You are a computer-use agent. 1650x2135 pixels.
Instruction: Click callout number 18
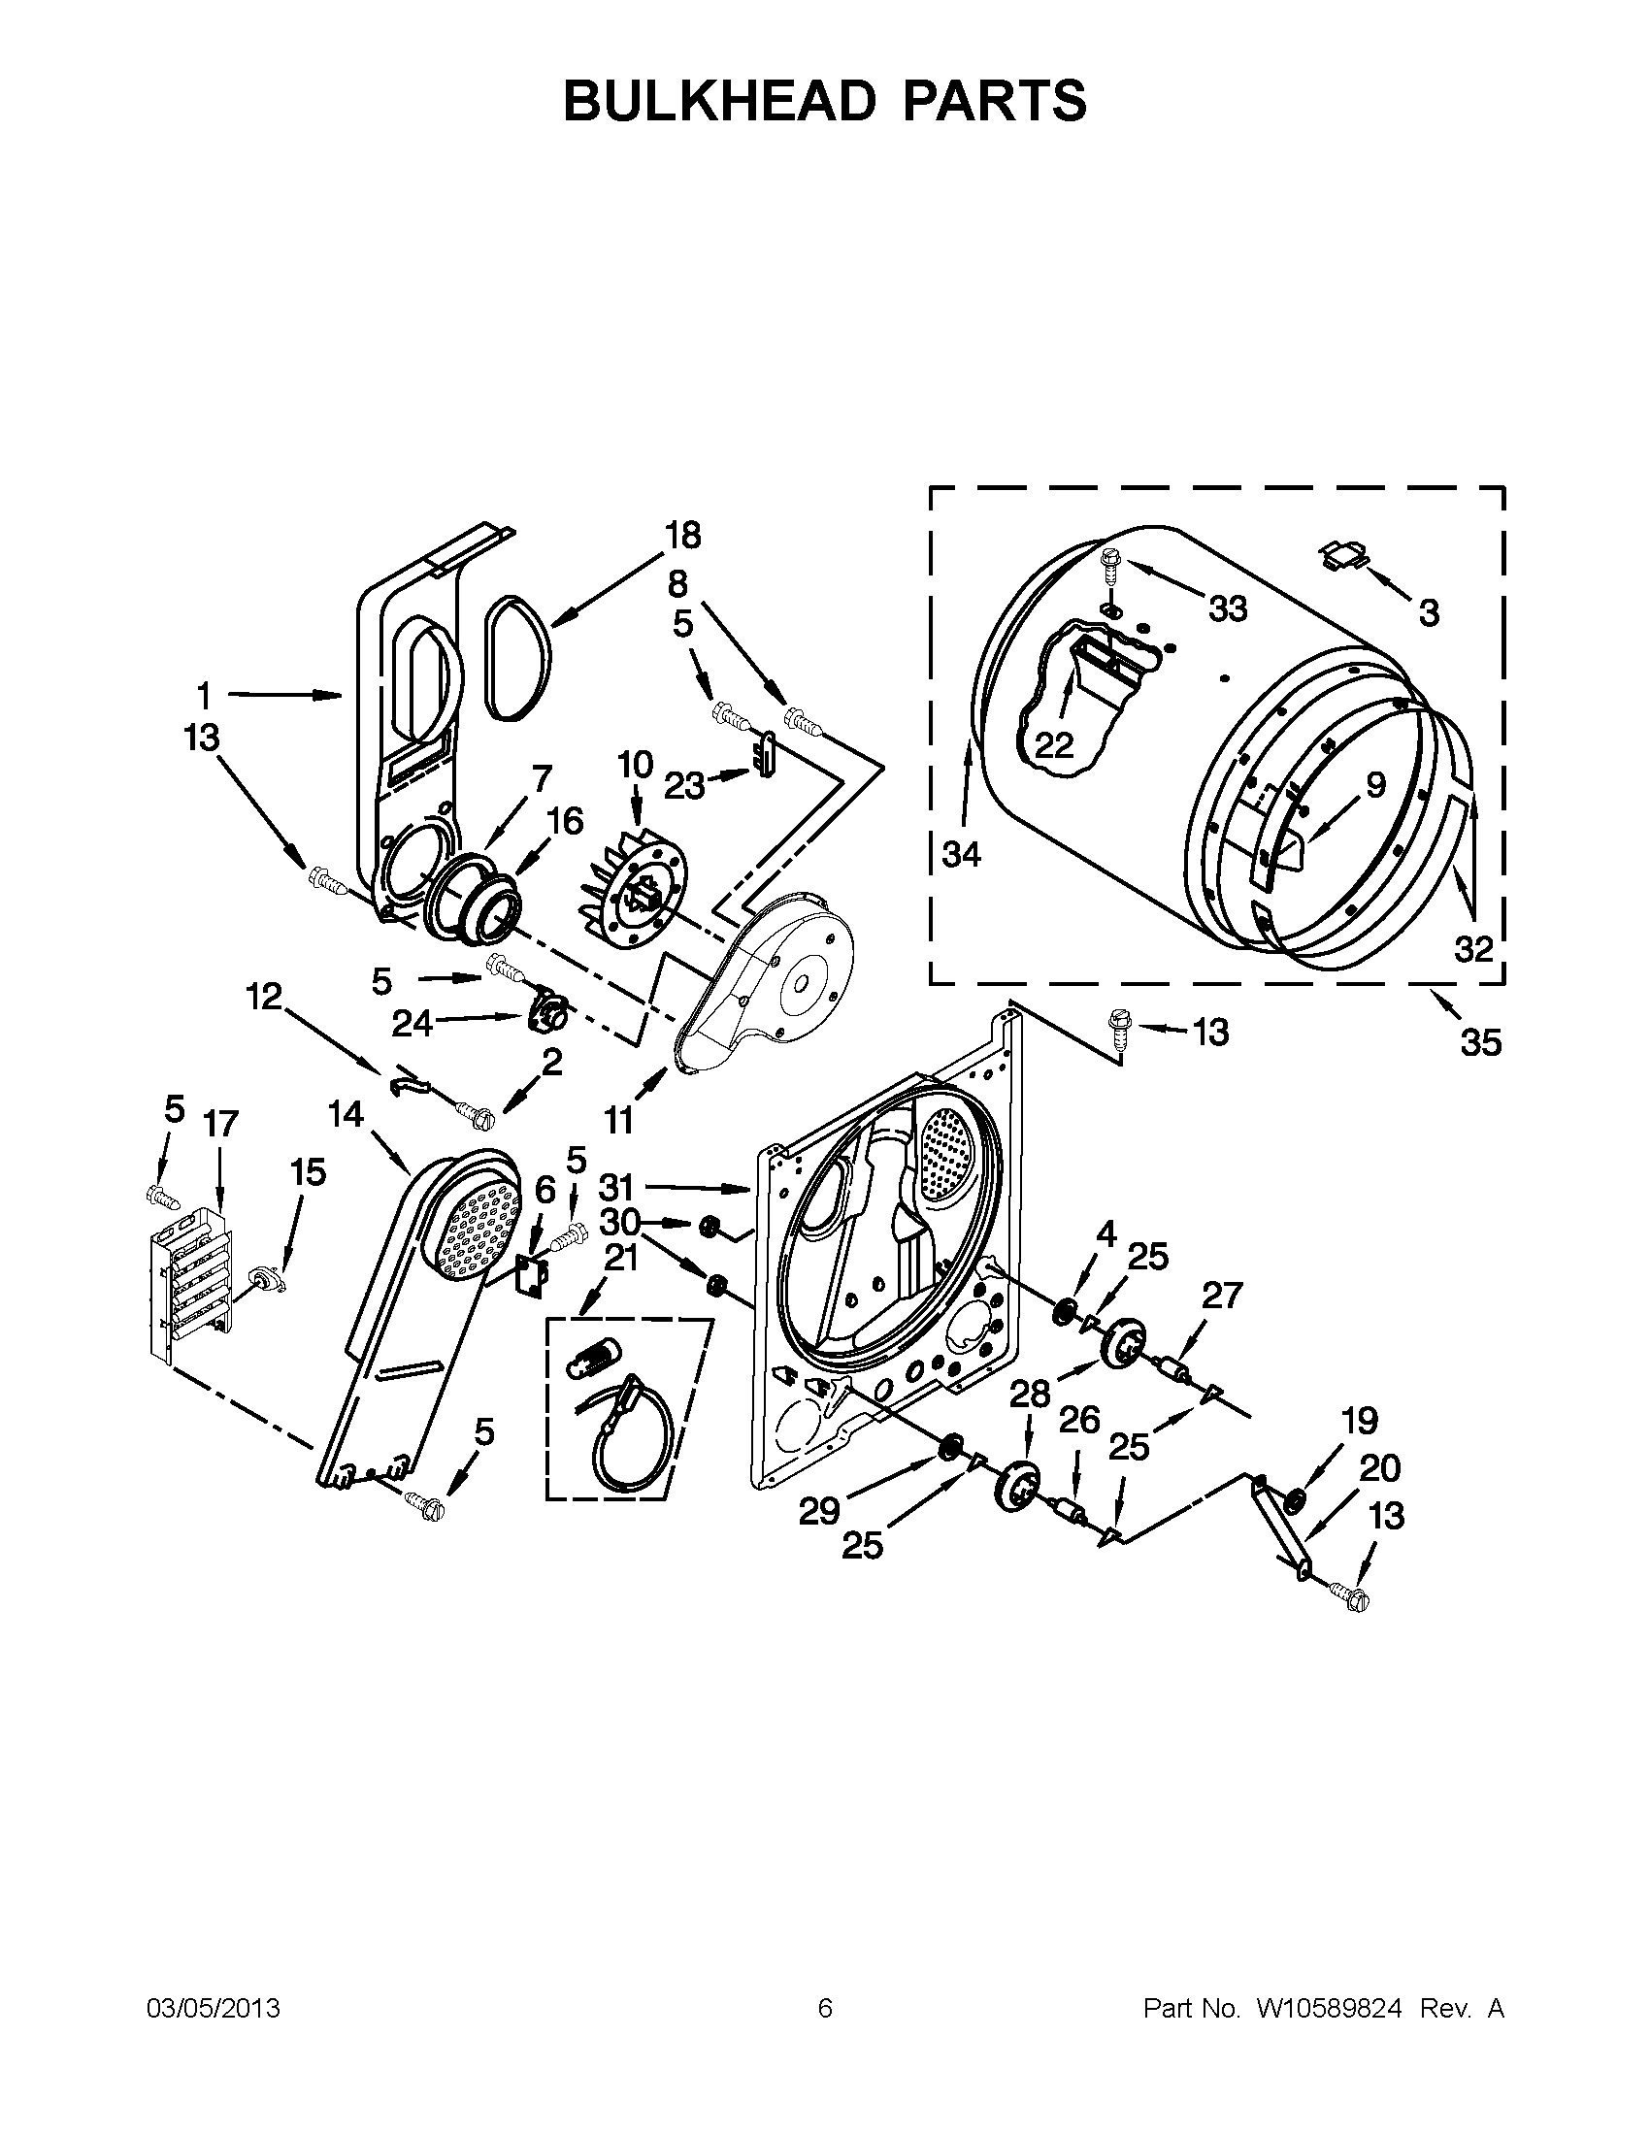point(683,536)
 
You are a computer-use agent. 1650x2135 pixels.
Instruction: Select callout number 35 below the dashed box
point(1480,1043)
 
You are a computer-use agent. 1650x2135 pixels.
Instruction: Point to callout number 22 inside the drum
point(1054,746)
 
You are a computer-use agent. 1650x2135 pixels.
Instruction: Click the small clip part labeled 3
point(1344,555)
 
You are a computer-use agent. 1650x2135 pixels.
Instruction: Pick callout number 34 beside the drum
point(961,854)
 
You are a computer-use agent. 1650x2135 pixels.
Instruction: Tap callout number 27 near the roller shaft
point(1221,1296)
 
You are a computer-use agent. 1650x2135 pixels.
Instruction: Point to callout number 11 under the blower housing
point(619,1119)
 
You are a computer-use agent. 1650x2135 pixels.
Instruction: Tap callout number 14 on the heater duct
point(346,1113)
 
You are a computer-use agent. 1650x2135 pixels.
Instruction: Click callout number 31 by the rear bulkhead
point(616,1188)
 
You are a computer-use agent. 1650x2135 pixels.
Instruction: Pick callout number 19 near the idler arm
point(1360,1421)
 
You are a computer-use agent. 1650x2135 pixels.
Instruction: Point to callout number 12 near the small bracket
point(263,997)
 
